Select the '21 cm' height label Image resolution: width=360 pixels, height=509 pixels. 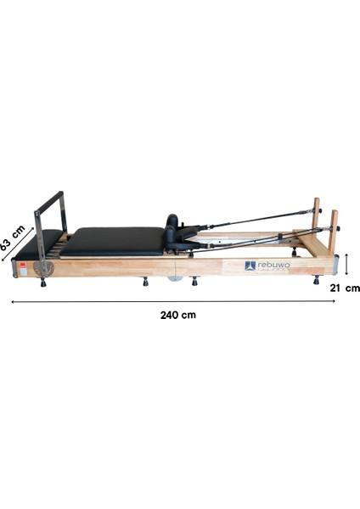[346, 288]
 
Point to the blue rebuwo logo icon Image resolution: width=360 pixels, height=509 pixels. [250, 266]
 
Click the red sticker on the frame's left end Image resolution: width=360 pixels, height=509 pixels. [21, 263]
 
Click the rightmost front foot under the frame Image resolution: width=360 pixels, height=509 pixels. [317, 280]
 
